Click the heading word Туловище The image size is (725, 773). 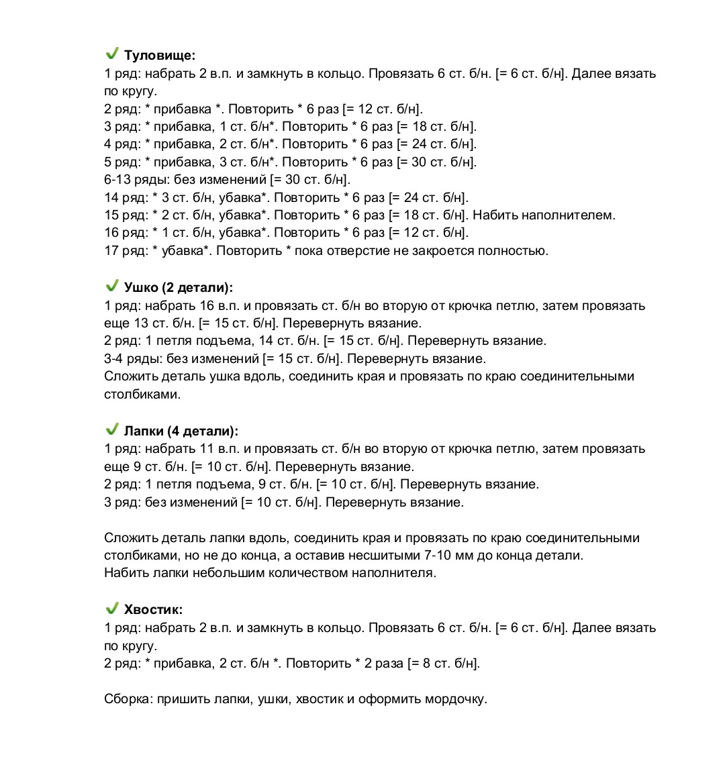(x=159, y=56)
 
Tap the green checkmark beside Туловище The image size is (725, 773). (x=112, y=54)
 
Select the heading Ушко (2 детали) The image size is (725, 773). (x=178, y=288)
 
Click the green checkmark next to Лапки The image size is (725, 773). (x=112, y=429)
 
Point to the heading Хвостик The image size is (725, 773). (x=153, y=610)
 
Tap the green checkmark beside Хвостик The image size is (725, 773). (x=112, y=609)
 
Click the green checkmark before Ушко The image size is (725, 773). (x=112, y=286)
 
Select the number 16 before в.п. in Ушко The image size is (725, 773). (x=207, y=306)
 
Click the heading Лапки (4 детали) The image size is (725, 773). (x=181, y=431)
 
